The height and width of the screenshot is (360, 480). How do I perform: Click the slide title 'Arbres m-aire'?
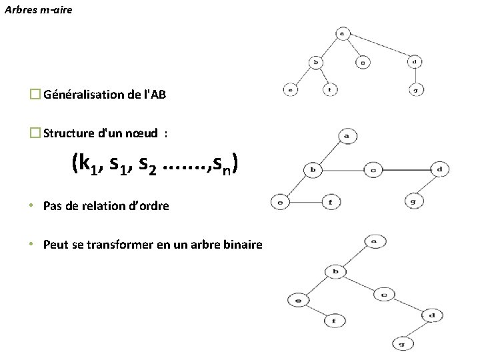(38, 10)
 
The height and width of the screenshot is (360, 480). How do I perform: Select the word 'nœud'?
(145, 133)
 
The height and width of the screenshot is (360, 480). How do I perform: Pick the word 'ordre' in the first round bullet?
(154, 206)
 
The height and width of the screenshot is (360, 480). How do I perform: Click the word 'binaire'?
(244, 245)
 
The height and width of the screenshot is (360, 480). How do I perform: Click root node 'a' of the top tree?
(342, 33)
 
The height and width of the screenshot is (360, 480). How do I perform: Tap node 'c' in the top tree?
(363, 63)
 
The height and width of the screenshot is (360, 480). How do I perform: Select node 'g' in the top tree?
(415, 89)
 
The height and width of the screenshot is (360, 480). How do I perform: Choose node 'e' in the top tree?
(291, 89)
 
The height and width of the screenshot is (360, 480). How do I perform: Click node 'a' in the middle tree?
(347, 135)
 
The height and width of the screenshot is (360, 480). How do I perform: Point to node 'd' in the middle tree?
(440, 169)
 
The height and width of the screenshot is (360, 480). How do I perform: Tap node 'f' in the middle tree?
(331, 201)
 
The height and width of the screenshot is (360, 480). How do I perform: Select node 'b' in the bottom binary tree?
(336, 271)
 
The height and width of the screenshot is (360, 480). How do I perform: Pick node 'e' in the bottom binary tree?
(298, 301)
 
